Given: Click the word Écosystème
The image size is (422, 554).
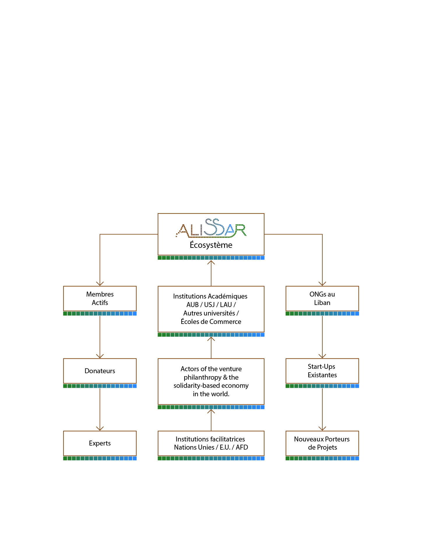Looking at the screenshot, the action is click(211, 245).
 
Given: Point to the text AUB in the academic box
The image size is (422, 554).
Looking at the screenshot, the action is click(192, 305).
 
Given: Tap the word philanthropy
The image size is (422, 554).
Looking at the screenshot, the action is click(203, 378).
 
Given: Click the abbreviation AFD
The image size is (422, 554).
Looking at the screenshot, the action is click(242, 447).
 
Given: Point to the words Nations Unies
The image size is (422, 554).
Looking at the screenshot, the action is click(194, 447).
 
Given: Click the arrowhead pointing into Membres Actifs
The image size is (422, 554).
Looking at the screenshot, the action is click(100, 284).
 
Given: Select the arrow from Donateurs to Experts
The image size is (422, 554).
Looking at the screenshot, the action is click(100, 409).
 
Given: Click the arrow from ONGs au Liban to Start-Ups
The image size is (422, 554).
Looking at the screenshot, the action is click(322, 337).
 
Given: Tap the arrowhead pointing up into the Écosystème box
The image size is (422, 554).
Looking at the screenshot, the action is click(211, 262).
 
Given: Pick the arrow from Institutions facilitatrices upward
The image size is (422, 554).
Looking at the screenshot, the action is click(211, 420).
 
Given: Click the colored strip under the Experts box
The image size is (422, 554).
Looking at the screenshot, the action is click(100, 458).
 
